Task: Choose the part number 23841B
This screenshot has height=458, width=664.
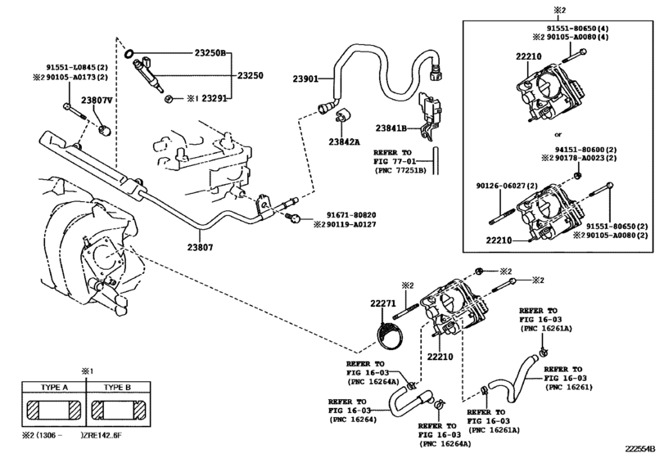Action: tap(391, 128)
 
